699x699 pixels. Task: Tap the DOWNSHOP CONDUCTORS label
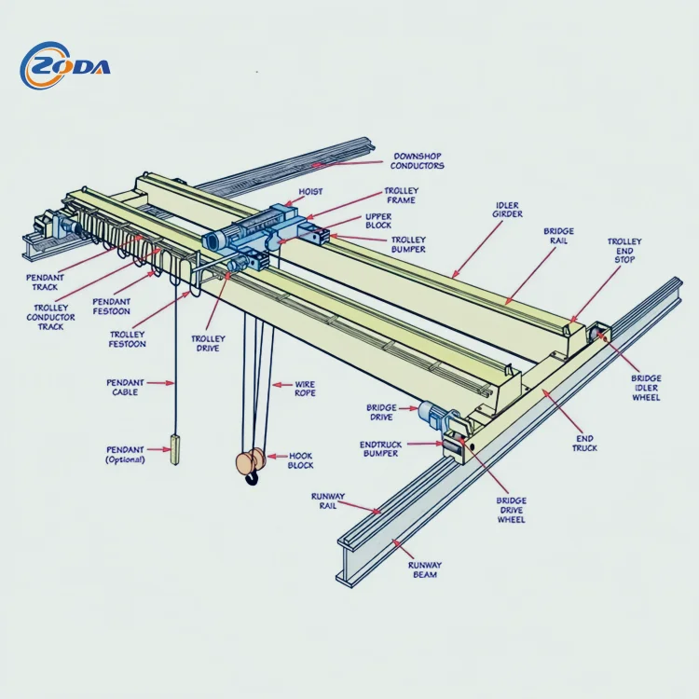click(x=417, y=160)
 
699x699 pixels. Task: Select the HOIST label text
click(x=310, y=192)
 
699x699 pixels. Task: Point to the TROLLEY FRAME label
click(x=401, y=196)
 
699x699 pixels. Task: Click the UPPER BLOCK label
click(x=378, y=221)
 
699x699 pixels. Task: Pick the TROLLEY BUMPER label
click(x=407, y=244)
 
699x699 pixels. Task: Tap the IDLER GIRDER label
click(x=507, y=210)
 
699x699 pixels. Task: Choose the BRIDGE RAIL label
click(x=558, y=236)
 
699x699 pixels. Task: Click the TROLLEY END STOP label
click(x=624, y=250)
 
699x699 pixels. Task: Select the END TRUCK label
click(x=584, y=443)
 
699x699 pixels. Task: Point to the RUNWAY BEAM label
click(x=424, y=569)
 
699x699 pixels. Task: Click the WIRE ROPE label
click(x=305, y=389)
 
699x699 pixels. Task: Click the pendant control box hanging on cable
click(x=174, y=449)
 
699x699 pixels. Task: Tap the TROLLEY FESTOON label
click(x=128, y=339)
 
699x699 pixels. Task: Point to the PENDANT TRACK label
click(x=44, y=282)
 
